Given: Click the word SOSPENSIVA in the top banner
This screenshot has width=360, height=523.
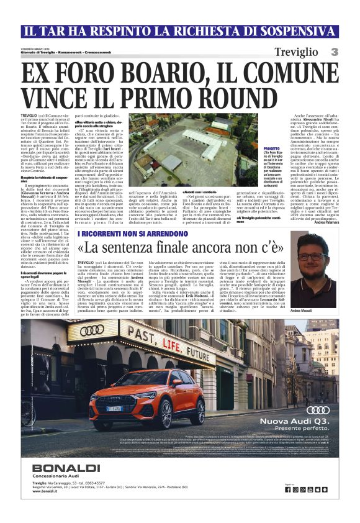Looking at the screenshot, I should [x=291, y=30].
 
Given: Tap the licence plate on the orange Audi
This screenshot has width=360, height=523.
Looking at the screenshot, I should [x=116, y=407].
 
